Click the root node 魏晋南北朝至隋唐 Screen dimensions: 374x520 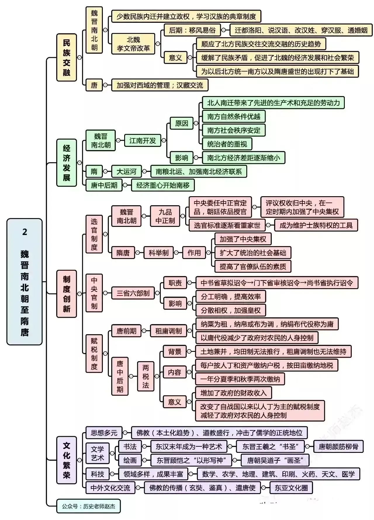click(25, 281)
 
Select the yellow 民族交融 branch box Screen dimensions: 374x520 click(66, 57)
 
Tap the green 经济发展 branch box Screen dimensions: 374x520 click(66, 163)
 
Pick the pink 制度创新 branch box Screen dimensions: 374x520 click(66, 294)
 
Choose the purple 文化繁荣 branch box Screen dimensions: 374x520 click(66, 460)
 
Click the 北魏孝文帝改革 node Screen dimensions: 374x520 click(133, 44)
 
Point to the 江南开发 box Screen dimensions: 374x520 click(143, 140)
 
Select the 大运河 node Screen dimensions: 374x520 click(127, 171)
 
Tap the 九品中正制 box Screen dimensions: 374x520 click(165, 216)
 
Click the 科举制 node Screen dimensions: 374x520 click(159, 253)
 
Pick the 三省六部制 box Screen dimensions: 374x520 click(133, 293)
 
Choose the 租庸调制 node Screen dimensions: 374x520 click(169, 331)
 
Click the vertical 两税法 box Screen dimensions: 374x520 click(146, 376)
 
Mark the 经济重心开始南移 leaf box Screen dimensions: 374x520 click(163, 185)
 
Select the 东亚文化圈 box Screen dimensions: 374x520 click(291, 488)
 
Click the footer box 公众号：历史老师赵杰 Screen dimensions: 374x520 click(88, 506)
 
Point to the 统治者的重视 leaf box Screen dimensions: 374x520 click(227, 144)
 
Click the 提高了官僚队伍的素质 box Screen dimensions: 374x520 click(253, 266)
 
